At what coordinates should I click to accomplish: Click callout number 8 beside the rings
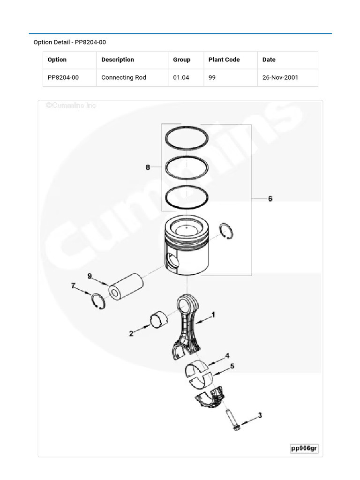pyautogui.click(x=148, y=167)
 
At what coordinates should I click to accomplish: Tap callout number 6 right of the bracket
pyautogui.click(x=270, y=199)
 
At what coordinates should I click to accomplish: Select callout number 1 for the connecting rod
pyautogui.click(x=214, y=315)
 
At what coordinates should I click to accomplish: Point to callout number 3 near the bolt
pyautogui.click(x=260, y=415)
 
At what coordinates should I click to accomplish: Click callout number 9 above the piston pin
pyautogui.click(x=90, y=276)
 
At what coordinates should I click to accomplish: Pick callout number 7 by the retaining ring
pyautogui.click(x=73, y=285)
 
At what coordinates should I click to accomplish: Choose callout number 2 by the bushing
pyautogui.click(x=131, y=334)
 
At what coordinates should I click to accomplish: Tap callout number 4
pyautogui.click(x=227, y=356)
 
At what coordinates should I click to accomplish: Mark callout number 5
pyautogui.click(x=232, y=366)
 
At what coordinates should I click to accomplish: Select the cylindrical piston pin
pyautogui.click(x=125, y=285)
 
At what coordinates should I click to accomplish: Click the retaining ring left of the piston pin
pyautogui.click(x=99, y=301)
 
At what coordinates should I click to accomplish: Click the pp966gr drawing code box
pyautogui.click(x=304, y=448)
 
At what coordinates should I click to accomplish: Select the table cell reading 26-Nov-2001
pyautogui.click(x=280, y=77)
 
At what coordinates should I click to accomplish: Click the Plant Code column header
pyautogui.click(x=224, y=60)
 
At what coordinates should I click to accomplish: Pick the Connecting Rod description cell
pyautogui.click(x=124, y=77)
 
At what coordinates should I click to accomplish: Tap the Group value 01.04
pyautogui.click(x=181, y=77)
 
